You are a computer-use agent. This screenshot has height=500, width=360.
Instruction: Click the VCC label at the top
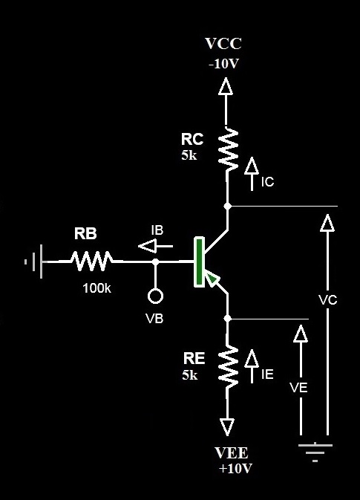(223, 44)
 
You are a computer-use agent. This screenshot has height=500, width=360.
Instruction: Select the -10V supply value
(223, 64)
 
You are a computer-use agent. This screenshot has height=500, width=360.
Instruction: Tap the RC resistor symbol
(227, 148)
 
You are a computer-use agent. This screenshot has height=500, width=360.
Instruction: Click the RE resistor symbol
(227, 366)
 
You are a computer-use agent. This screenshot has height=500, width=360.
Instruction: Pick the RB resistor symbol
(92, 261)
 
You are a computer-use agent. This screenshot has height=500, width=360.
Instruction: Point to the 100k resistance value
(96, 288)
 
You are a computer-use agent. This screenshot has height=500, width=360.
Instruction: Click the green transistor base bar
(198, 262)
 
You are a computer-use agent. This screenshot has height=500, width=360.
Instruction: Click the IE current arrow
(251, 359)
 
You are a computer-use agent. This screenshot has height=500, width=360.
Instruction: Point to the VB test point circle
(155, 297)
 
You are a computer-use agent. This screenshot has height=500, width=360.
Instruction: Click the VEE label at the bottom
(231, 453)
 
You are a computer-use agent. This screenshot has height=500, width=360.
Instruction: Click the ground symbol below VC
(315, 450)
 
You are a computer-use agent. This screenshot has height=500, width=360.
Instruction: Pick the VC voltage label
(327, 300)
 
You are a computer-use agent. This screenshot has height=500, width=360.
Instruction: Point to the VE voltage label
(300, 388)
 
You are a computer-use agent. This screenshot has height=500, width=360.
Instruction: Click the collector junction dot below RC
(227, 205)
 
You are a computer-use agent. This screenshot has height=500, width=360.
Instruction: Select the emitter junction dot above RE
(227, 318)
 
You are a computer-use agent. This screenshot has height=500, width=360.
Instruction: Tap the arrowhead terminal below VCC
(226, 88)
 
